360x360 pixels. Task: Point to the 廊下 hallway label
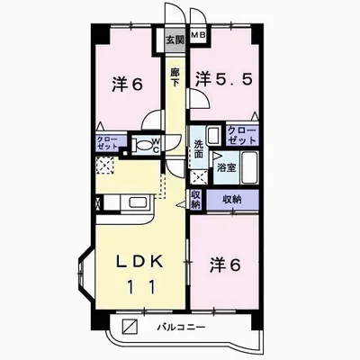click(175, 76)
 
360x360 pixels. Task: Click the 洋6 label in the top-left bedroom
click(126, 83)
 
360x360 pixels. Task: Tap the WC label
click(155, 143)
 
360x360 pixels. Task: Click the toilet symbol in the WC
click(139, 144)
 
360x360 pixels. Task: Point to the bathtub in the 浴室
click(251, 166)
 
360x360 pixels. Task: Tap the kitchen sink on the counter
click(139, 202)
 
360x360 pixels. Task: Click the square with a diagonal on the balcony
click(131, 325)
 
